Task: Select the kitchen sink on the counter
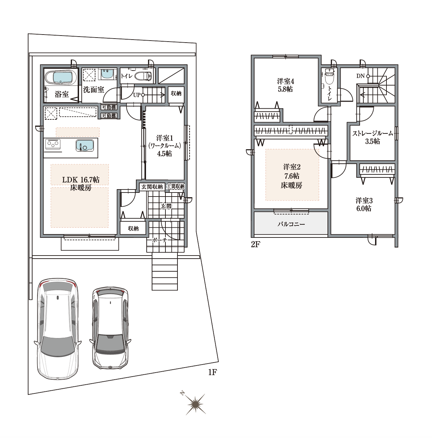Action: point(85,145)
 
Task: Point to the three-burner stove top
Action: point(53,144)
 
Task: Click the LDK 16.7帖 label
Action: point(81,180)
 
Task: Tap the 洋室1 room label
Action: point(164,138)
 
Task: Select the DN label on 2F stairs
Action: point(360,76)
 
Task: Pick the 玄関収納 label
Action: point(152,187)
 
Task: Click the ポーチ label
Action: point(160,240)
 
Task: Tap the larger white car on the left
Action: point(58,328)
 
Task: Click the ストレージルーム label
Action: point(372,133)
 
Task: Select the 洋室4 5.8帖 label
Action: point(285,85)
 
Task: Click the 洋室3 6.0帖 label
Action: point(364,205)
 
